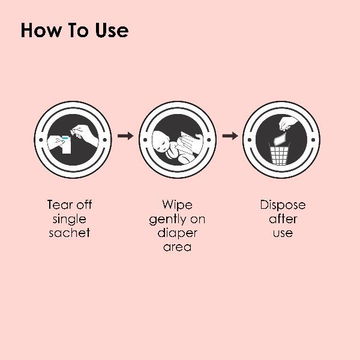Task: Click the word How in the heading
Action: point(41,30)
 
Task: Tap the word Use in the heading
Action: point(112,30)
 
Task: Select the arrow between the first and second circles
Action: point(125,136)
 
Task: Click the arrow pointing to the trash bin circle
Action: point(230,136)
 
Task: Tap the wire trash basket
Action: point(279,154)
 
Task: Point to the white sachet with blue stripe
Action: point(66,145)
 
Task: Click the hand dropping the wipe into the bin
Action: point(287,124)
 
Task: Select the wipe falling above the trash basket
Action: point(280,139)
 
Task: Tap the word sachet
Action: point(70,233)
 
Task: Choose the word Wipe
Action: point(177,205)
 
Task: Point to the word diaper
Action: point(177,233)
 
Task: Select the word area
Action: point(177,247)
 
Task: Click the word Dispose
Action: point(283,205)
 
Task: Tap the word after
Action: point(283,219)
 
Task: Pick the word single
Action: point(70,220)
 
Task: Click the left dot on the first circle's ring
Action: point(41,140)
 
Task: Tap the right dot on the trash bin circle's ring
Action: point(313,140)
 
